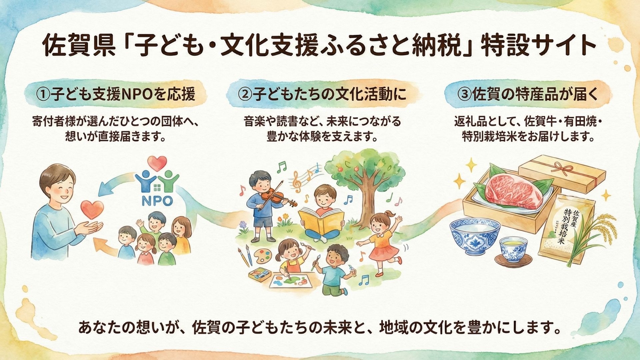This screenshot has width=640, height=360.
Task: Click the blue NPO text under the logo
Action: click(x=157, y=201)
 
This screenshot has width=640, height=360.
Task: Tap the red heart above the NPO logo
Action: click(x=157, y=163)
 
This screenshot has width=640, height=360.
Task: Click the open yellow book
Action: click(x=321, y=220)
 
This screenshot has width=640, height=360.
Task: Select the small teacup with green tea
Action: click(x=513, y=248)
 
